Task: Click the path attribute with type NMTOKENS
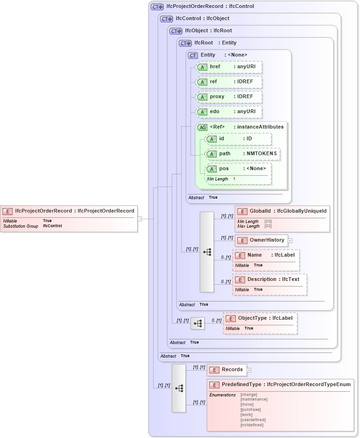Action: click(243, 154)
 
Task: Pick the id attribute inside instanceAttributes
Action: click(238, 139)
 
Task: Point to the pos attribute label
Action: click(224, 169)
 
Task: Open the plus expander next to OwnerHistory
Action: click(290, 240)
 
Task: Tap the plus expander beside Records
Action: click(249, 370)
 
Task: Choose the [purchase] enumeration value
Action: click(250, 409)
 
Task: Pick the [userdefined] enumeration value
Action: click(252, 420)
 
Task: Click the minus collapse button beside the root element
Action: click(139, 218)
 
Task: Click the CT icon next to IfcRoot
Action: click(185, 43)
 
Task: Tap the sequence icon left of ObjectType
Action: click(198, 323)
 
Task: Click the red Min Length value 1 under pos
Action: click(234, 179)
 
